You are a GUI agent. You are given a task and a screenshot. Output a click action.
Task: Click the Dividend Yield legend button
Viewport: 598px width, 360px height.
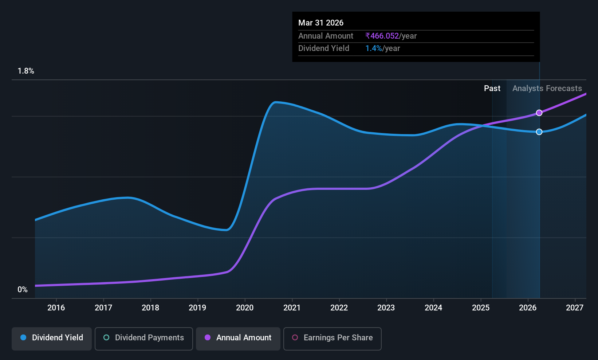(x=51, y=339)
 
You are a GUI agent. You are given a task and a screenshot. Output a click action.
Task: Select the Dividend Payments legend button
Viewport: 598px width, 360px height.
(x=143, y=339)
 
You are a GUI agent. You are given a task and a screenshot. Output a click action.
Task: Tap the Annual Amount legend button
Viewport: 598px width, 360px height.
(x=238, y=339)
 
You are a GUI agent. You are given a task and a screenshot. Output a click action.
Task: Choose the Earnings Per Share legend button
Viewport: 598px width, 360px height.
(x=333, y=339)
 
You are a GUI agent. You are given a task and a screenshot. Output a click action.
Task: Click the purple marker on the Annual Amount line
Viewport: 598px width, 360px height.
(x=539, y=113)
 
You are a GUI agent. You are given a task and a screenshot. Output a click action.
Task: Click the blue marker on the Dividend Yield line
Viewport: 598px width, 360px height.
(x=539, y=132)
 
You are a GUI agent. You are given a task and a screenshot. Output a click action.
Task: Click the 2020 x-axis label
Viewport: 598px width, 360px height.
(x=245, y=308)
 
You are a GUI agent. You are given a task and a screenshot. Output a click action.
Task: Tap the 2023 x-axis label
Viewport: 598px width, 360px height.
(x=386, y=308)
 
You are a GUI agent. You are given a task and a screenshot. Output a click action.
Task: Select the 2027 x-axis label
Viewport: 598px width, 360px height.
(x=574, y=308)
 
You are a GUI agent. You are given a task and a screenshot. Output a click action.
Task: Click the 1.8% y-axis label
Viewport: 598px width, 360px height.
(x=26, y=71)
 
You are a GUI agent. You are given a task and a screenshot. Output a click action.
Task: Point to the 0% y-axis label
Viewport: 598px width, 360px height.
(x=23, y=290)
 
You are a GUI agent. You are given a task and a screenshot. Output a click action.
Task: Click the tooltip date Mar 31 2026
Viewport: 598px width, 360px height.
(x=321, y=23)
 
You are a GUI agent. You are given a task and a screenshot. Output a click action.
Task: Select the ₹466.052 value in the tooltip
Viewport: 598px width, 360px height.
(x=382, y=36)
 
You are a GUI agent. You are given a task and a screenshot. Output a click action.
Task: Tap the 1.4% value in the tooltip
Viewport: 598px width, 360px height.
(x=374, y=48)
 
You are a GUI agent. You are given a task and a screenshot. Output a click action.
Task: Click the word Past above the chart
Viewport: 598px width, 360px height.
(x=492, y=89)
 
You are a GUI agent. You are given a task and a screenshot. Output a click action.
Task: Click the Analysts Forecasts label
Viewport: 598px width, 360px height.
(x=547, y=89)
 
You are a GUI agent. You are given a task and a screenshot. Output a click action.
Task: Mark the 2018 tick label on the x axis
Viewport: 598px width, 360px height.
(x=150, y=308)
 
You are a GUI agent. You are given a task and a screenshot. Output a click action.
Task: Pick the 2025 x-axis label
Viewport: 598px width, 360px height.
(x=481, y=308)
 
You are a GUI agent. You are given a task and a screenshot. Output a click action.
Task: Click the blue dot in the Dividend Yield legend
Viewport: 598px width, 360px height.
(x=24, y=337)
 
